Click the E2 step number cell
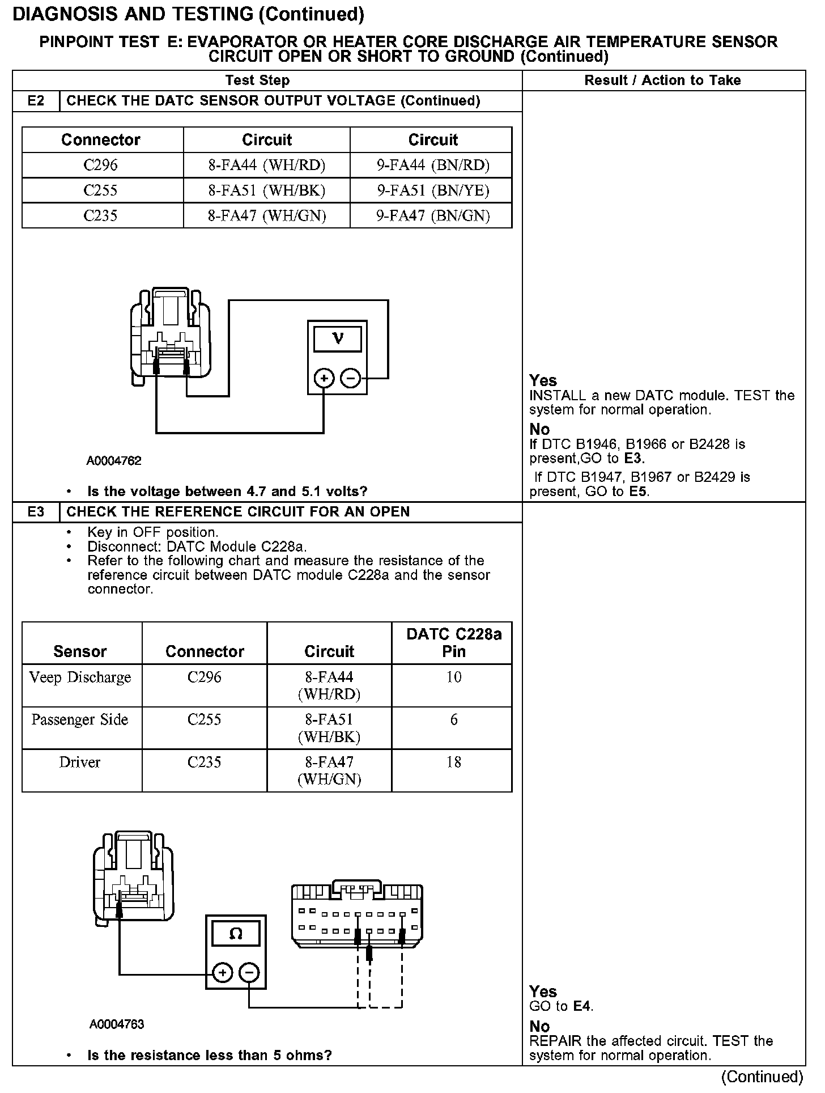click(36, 101)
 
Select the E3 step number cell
click(36, 512)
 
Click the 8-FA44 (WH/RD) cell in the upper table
click(267, 165)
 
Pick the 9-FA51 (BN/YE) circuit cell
click(433, 190)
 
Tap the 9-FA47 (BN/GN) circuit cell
click(433, 215)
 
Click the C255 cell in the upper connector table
click(101, 190)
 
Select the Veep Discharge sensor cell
click(80, 677)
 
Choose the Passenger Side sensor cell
click(80, 720)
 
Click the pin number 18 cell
click(453, 762)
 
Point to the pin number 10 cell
click(453, 677)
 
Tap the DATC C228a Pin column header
click(453, 643)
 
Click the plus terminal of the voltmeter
click(324, 378)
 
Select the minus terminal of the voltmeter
click(351, 378)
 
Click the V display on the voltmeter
click(338, 339)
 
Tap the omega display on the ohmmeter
click(236, 934)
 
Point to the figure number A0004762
click(114, 461)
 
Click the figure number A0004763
click(117, 1024)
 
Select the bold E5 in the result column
click(639, 492)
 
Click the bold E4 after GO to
click(582, 1007)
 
